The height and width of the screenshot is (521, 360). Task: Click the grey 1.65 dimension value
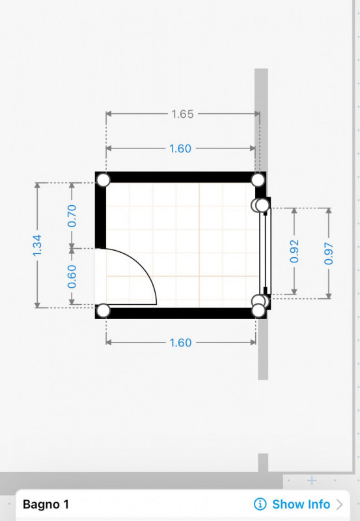point(182,115)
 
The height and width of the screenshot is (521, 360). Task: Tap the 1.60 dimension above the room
point(180,148)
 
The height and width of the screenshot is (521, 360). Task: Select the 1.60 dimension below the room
point(181,343)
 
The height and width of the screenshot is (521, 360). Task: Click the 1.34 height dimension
point(37,246)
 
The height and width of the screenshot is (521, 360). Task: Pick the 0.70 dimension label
point(72,216)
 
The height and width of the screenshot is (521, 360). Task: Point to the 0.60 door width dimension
point(72,276)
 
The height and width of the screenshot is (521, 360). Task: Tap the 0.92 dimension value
point(294,251)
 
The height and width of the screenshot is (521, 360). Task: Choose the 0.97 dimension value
point(329,253)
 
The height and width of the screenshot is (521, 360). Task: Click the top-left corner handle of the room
point(104,180)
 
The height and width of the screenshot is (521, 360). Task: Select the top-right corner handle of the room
point(258,180)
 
